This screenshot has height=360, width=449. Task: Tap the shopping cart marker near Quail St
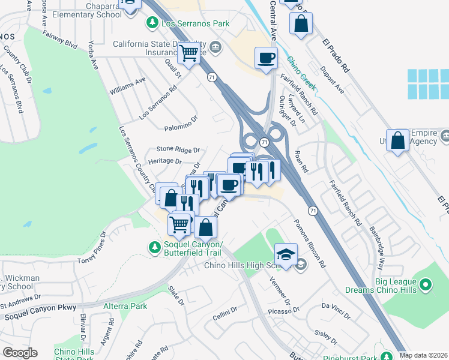point(189,54)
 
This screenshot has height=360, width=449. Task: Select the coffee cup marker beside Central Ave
point(266,58)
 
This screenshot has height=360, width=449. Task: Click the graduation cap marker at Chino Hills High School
point(286,254)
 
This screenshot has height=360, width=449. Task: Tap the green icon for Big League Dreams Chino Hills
point(426,284)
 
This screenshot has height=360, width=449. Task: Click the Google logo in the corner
point(19,353)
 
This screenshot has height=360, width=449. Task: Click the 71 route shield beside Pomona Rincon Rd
point(313,211)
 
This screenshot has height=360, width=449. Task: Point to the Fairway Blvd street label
point(60,41)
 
